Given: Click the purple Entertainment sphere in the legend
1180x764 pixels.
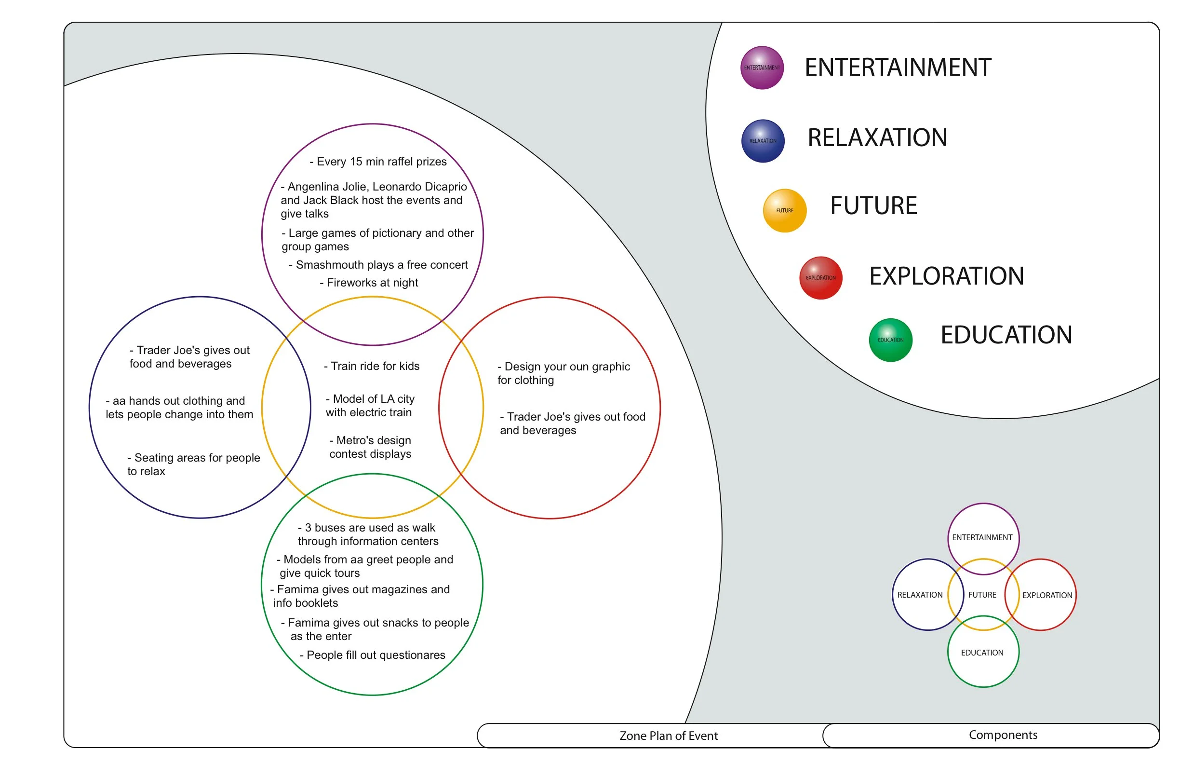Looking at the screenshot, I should [x=762, y=68].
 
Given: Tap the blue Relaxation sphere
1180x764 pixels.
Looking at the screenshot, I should [x=763, y=141].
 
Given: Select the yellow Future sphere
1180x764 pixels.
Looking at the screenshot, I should [x=785, y=210].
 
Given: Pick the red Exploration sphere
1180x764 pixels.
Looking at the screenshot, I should [x=821, y=278].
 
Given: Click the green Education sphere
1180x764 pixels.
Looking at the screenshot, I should [x=891, y=340].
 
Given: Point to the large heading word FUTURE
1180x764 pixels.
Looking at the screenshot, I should [x=873, y=206].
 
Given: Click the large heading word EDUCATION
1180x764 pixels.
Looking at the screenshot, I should [x=1006, y=335].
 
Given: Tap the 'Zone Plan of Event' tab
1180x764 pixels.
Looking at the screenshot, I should [x=669, y=736].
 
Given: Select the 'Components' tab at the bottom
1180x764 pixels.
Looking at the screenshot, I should [x=1003, y=735].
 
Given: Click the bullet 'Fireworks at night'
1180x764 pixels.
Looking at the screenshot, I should [x=369, y=283].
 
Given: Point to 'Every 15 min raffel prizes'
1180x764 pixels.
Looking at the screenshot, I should [x=378, y=162].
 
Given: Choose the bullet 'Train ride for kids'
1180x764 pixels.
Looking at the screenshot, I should [x=372, y=366].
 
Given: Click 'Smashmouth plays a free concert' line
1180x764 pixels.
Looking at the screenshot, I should [x=378, y=265].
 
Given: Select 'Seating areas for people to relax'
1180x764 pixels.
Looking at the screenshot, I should [x=193, y=464].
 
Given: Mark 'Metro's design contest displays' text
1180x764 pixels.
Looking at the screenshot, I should [x=370, y=447].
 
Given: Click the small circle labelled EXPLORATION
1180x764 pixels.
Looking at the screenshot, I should [x=1047, y=595].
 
